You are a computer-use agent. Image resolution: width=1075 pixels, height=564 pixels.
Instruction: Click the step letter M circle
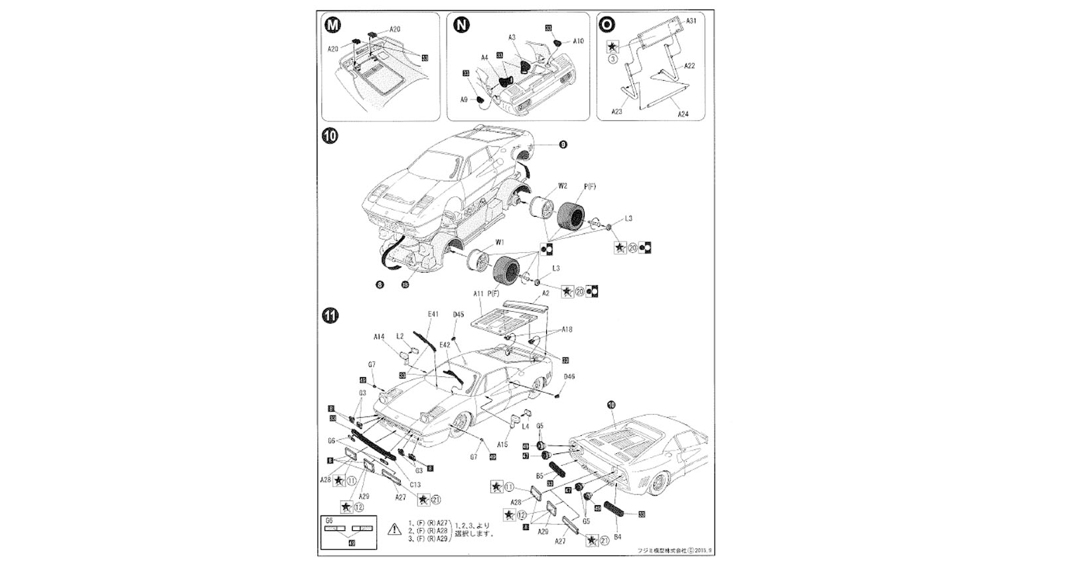(x=333, y=25)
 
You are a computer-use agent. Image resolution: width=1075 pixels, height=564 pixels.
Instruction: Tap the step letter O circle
(x=607, y=25)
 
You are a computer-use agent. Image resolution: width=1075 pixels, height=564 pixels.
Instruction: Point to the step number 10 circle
(x=329, y=136)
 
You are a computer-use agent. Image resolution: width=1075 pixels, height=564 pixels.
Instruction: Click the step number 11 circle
(x=329, y=315)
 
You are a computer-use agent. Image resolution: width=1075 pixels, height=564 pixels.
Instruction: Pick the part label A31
(x=691, y=21)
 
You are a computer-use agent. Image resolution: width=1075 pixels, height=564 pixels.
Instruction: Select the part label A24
(x=683, y=114)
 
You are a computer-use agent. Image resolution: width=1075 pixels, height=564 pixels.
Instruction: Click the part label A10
(x=578, y=41)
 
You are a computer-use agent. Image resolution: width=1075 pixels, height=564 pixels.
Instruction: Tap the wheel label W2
(x=562, y=186)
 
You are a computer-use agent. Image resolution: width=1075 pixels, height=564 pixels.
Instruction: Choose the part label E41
(x=433, y=314)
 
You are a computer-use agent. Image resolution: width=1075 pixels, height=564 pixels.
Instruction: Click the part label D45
(x=459, y=315)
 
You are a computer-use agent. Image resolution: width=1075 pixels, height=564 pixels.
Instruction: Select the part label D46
(x=569, y=377)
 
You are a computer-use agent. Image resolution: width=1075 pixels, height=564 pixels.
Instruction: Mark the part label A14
(x=379, y=337)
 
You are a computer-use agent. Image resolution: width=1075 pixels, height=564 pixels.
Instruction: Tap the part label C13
(x=415, y=484)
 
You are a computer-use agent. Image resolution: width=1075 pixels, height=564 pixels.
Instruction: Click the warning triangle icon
(x=394, y=529)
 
